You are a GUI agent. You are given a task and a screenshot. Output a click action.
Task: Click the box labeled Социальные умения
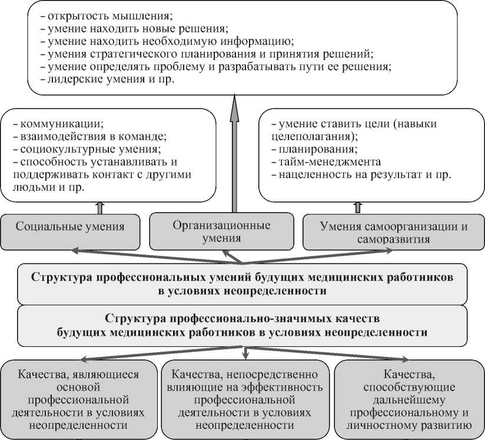pos(70,227)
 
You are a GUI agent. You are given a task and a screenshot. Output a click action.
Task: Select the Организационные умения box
pos(221,231)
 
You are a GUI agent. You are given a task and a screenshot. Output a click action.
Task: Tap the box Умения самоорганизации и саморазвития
pos(394,232)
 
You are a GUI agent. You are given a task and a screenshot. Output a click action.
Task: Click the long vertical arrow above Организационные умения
pos(234,153)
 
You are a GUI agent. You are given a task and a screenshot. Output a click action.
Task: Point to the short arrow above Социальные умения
pos(98,206)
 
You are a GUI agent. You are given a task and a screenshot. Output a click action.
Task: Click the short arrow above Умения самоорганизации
pos(357,206)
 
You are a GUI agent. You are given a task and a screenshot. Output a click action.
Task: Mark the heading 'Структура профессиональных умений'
pos(242,277)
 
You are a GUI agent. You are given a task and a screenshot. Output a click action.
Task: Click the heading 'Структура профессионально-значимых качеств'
pos(242,319)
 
